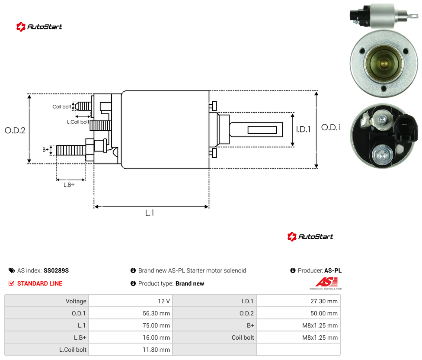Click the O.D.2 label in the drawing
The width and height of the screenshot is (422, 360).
(15, 130)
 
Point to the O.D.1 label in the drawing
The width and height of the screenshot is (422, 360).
(331, 127)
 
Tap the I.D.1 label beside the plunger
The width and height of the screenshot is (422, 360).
(304, 129)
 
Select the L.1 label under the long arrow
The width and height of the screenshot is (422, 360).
(150, 213)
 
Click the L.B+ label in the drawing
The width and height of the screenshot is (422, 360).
(69, 185)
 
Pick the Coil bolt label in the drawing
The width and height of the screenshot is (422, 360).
(62, 106)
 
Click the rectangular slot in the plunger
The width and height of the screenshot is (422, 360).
(262, 130)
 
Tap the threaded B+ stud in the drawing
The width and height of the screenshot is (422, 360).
(71, 150)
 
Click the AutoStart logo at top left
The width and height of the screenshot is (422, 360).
(39, 27)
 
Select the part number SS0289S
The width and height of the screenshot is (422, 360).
(56, 270)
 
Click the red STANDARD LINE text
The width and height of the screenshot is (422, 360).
(40, 283)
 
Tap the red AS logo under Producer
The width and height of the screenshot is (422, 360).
(326, 282)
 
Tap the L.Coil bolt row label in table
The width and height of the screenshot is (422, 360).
(73, 350)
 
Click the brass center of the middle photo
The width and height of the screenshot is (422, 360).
(384, 64)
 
